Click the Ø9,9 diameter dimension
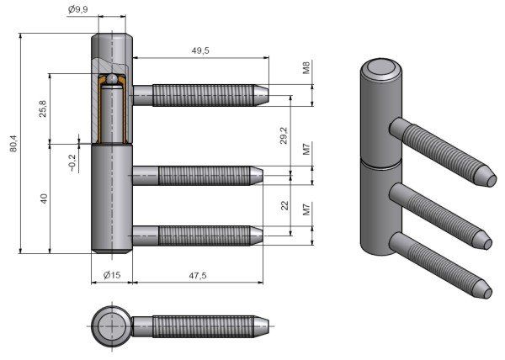(x=78, y=10)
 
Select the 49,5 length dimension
(x=200, y=50)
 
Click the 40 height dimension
(x=43, y=199)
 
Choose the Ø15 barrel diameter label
(x=113, y=275)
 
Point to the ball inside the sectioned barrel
(x=111, y=81)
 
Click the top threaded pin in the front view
(x=202, y=93)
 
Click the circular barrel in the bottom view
(x=110, y=324)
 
